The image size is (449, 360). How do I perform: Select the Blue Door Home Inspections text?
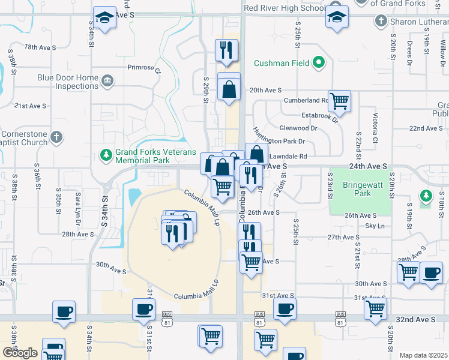click(67, 82)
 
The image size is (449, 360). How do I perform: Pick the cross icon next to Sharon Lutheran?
click(380, 22)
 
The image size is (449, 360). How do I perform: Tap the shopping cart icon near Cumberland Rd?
click(339, 101)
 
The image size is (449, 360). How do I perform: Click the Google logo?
click(20, 353)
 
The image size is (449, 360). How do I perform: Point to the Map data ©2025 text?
click(423, 355)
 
